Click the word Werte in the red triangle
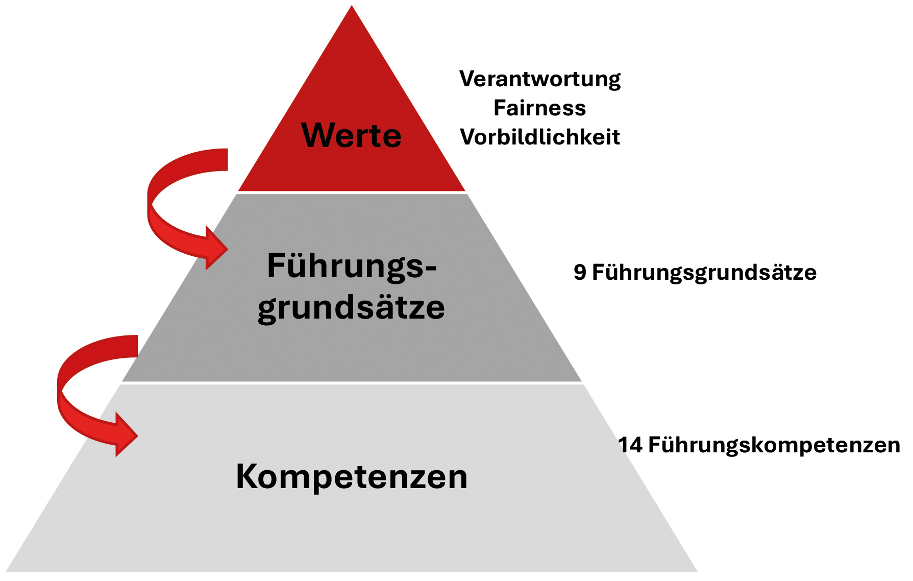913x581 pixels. (x=352, y=135)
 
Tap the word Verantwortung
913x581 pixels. (x=540, y=79)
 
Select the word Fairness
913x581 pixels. (x=540, y=108)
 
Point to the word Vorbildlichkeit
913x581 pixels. (x=540, y=137)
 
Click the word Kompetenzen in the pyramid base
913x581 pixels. (x=352, y=476)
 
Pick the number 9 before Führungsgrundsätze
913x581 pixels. (x=580, y=272)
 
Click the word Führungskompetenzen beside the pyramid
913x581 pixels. (x=774, y=445)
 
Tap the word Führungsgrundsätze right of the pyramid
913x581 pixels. (x=704, y=272)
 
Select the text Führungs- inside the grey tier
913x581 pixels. (x=352, y=266)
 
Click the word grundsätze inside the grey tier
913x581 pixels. (x=352, y=307)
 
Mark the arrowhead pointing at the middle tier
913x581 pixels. (x=216, y=249)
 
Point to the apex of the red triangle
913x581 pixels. (x=352, y=7)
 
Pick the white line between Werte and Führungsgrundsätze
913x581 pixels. (x=352, y=192)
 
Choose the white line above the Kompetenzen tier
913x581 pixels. (x=352, y=382)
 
